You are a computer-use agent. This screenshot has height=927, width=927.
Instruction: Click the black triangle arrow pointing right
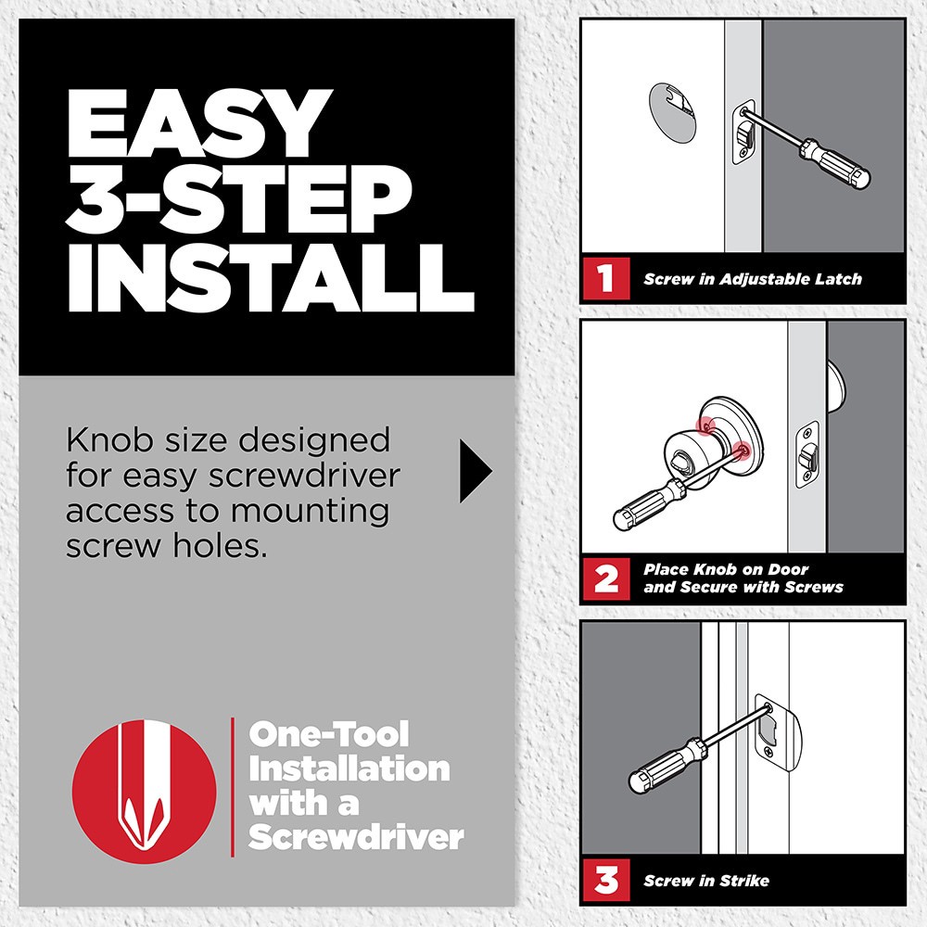[x=474, y=472]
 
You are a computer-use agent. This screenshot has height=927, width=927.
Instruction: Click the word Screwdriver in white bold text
[x=356, y=837]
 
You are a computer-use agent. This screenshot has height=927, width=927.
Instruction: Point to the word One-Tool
[x=328, y=735]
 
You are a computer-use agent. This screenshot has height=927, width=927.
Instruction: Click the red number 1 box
[x=605, y=278]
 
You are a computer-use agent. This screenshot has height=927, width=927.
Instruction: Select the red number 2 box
[x=605, y=579]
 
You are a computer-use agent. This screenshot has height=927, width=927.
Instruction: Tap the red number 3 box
[x=605, y=880]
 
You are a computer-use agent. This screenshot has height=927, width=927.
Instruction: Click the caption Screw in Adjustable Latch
[x=753, y=279]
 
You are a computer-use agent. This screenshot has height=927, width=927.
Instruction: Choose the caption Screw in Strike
[x=706, y=880]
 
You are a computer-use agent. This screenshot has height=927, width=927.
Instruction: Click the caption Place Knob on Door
[x=726, y=569]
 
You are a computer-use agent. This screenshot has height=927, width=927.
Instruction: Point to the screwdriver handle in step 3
[x=659, y=768]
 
